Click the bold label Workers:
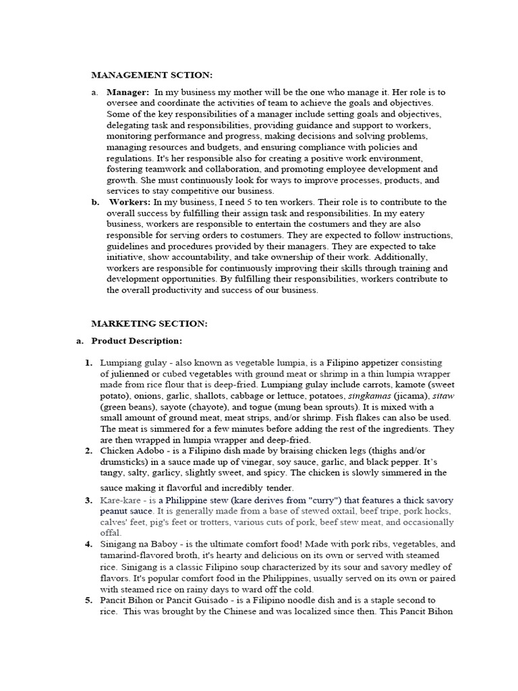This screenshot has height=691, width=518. coord(130,202)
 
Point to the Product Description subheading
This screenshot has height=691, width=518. coord(137,341)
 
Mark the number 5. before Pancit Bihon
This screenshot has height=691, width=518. coord(88,600)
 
